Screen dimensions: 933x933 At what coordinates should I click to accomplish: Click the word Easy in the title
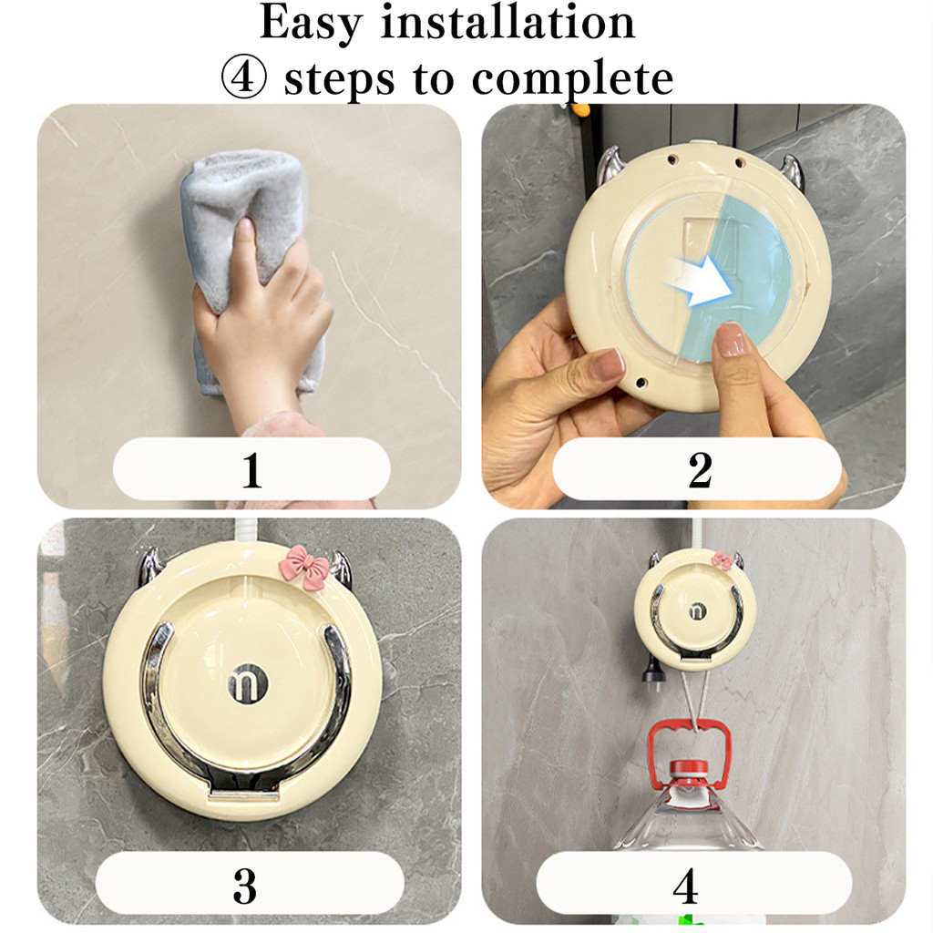312,24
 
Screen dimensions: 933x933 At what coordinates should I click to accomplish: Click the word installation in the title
508,22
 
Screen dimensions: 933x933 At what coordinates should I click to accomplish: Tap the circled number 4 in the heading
243,78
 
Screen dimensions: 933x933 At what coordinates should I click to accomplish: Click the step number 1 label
251,470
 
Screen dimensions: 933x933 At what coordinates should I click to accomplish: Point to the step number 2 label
700,470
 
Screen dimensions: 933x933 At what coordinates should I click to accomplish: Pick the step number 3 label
244,886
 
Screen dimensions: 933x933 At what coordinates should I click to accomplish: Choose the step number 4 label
686,886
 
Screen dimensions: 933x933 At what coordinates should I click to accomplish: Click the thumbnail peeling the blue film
731,340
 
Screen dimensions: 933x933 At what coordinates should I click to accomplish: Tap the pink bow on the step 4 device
723,560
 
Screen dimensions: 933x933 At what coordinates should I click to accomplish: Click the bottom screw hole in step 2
641,381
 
